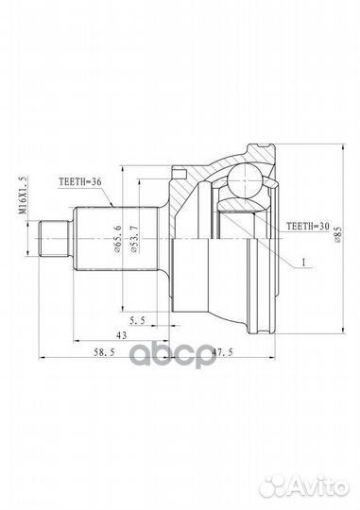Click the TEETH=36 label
80,182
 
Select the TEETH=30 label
308,226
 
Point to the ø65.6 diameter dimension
117,239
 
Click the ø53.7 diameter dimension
134,240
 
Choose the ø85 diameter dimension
337,234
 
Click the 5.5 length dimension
137,321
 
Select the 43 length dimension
121,335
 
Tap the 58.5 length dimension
104,352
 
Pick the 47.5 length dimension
222,352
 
